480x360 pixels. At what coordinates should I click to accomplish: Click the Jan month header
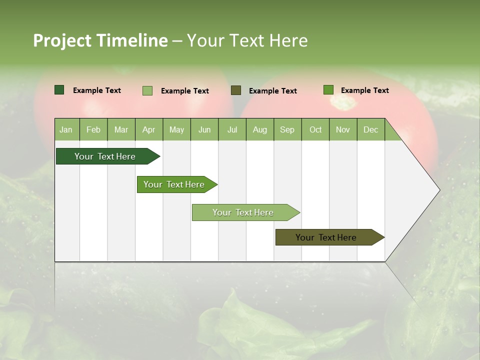point(66,129)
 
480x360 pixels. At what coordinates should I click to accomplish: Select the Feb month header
point(93,129)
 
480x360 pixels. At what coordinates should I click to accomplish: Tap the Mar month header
point(121,129)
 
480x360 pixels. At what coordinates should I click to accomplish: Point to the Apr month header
point(149,129)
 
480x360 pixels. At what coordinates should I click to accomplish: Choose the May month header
point(176,129)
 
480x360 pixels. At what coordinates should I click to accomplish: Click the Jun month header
point(204,129)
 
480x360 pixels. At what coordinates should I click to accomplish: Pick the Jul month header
point(232,129)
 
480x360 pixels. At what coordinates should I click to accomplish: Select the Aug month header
point(260,129)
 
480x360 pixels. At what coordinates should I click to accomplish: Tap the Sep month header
point(287,129)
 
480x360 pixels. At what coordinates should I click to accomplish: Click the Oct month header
point(315,129)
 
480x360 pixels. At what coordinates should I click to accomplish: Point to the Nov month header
point(343,129)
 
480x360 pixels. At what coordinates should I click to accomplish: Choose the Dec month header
point(371,129)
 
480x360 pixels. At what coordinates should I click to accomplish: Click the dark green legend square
point(59,90)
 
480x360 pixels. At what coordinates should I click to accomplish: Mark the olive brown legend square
point(236,90)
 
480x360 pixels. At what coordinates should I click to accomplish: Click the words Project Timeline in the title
point(100,40)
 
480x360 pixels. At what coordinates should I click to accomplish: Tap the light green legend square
point(147,90)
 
